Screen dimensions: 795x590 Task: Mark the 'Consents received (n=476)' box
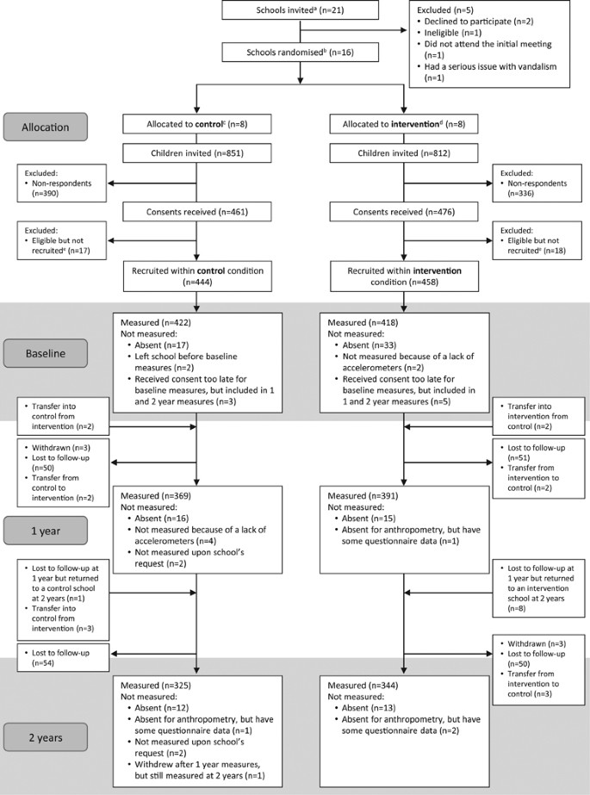(x=403, y=212)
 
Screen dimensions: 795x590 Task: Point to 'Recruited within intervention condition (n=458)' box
(x=403, y=276)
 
